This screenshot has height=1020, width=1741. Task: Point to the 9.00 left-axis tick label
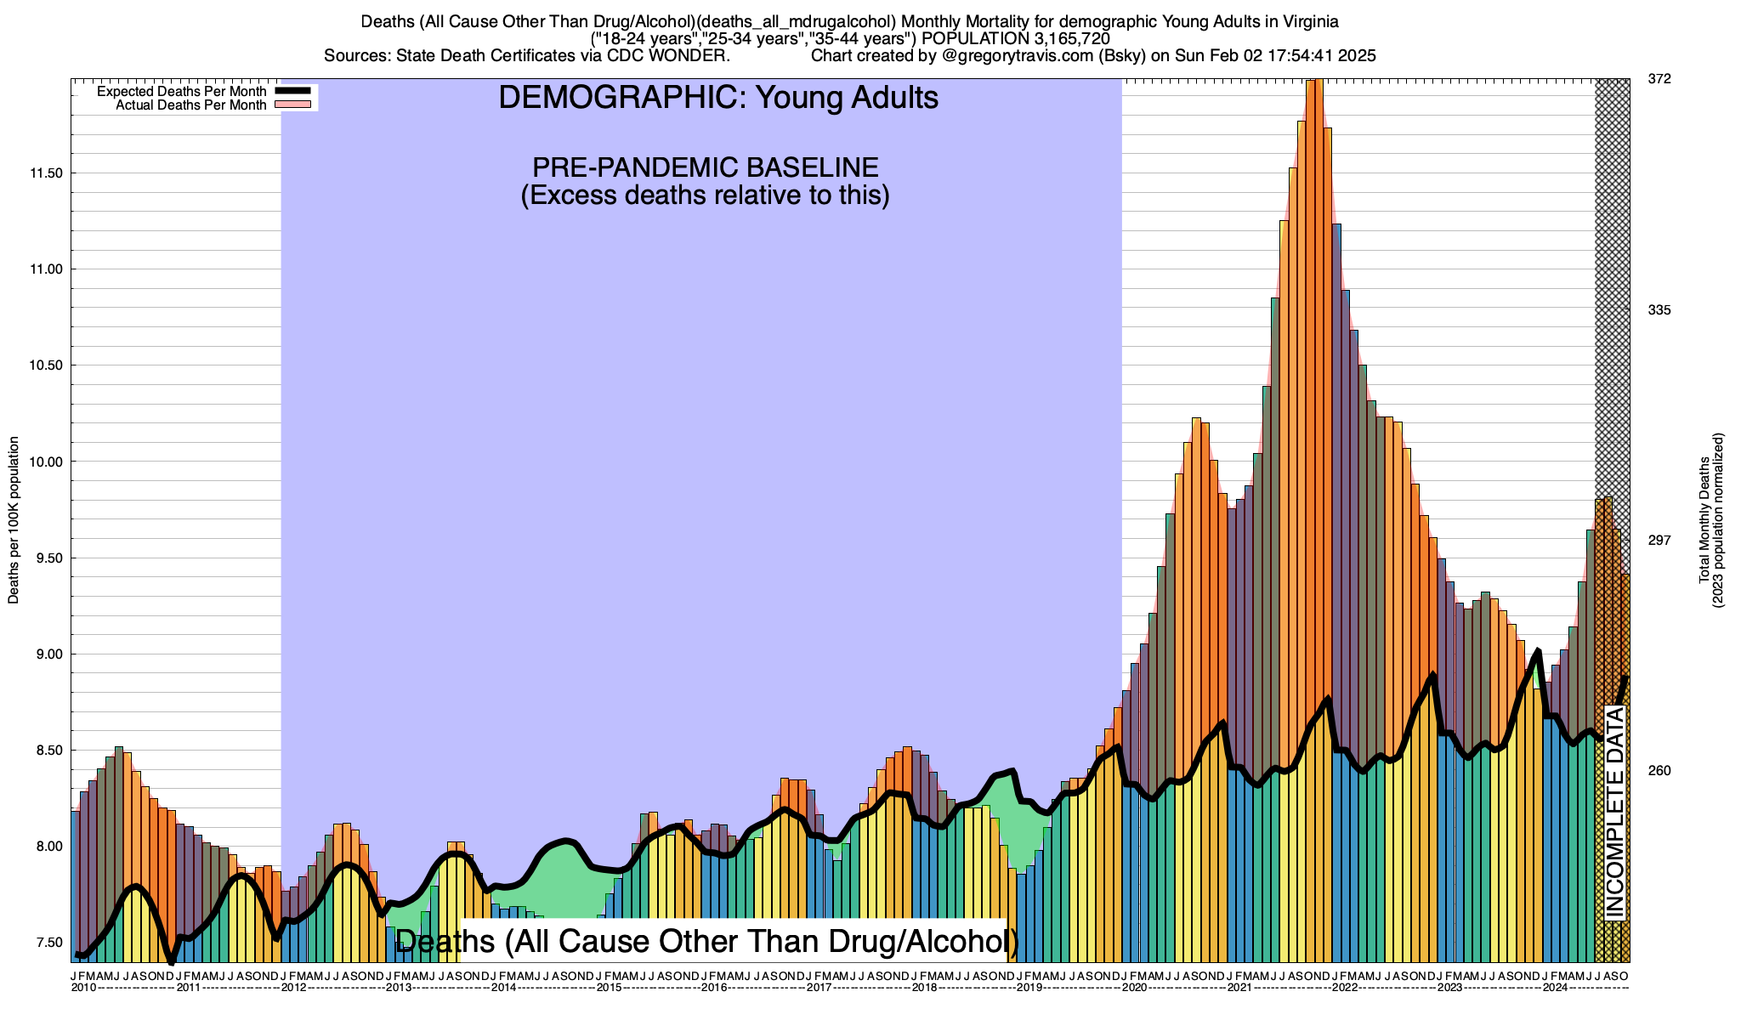(x=48, y=654)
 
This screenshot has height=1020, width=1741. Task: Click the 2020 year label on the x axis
(x=1134, y=988)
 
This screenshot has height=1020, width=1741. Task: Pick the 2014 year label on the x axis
(x=503, y=988)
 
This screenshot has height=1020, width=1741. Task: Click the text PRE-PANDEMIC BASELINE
(x=705, y=167)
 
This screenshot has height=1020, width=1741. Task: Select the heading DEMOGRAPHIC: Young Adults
(x=718, y=98)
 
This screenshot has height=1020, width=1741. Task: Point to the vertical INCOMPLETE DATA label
(x=1614, y=812)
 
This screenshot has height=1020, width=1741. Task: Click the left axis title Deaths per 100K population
(x=14, y=520)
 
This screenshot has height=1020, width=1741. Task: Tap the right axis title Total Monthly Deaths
(x=1704, y=520)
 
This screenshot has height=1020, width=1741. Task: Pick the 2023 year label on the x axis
(x=1449, y=988)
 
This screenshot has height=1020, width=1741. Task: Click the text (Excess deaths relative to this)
(x=705, y=195)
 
